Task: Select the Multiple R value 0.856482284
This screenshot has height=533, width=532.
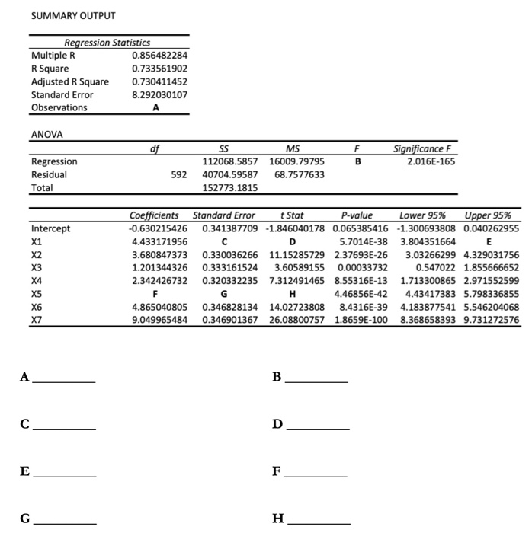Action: (159, 56)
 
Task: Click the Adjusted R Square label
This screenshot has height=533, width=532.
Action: (70, 81)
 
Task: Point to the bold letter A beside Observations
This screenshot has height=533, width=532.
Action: (156, 107)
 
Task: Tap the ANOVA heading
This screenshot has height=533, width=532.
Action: (47, 134)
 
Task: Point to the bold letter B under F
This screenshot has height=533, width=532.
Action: (357, 161)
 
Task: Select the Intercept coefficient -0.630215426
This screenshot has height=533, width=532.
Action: (159, 228)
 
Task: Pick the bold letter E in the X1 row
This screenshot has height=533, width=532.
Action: (489, 241)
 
